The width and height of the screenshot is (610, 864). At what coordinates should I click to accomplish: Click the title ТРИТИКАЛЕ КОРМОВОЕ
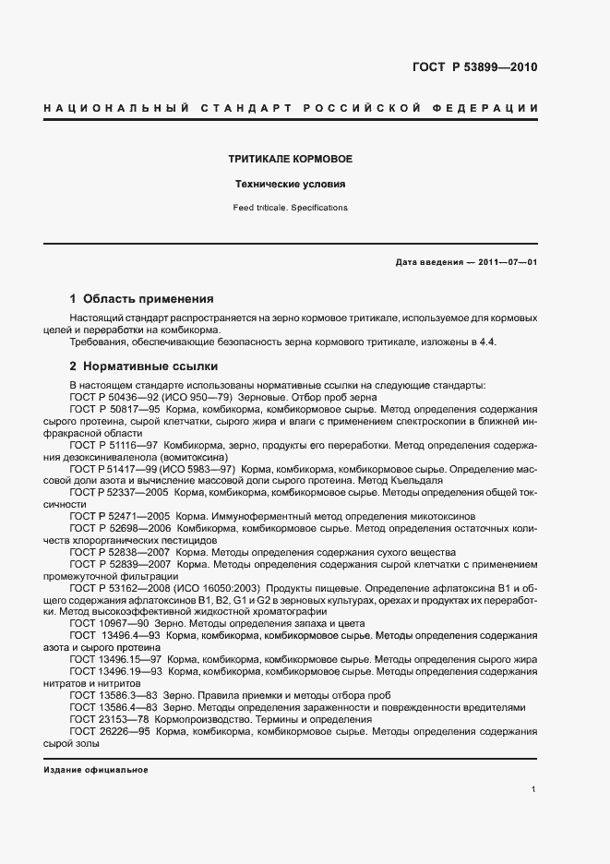coord(291,159)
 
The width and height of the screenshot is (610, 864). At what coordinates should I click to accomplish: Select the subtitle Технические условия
coord(291,184)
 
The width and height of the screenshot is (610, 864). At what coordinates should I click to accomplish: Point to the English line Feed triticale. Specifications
coord(291,208)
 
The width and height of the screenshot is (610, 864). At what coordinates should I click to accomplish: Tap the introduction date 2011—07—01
coord(508,262)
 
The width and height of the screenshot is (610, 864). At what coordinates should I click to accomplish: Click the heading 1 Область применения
coord(142,299)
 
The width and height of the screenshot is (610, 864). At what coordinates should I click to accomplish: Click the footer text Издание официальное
coord(95,769)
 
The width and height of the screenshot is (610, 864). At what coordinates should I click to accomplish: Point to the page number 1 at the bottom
coord(534,789)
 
